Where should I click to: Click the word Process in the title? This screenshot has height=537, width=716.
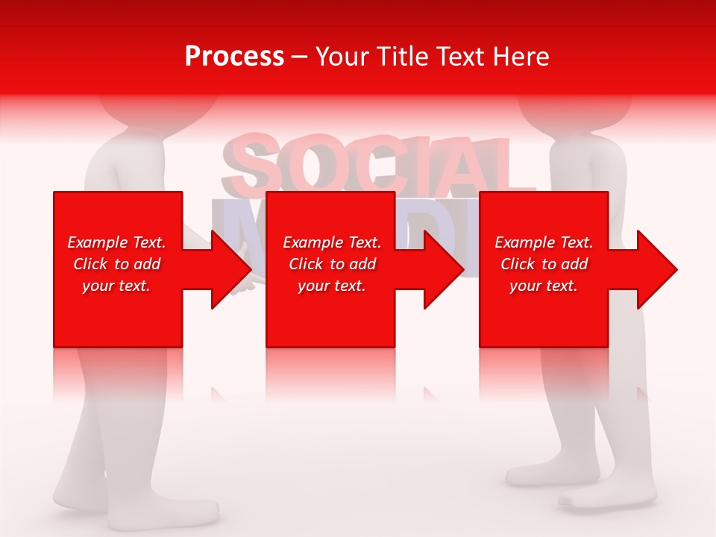pos(234,57)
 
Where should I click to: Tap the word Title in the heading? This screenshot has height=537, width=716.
pos(402,57)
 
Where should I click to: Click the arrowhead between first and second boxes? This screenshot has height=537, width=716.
pos(231,269)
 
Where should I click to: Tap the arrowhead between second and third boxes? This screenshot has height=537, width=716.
pos(444,269)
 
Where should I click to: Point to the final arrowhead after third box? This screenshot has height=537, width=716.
pos(656,269)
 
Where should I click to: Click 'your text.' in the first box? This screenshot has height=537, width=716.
pos(116,286)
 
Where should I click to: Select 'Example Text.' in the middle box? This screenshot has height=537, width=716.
pos(332,242)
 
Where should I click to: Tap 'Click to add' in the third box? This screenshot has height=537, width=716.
pos(544,264)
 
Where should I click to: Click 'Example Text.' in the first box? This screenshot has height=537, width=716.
pos(116,242)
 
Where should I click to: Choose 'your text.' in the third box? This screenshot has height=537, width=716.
pos(544,286)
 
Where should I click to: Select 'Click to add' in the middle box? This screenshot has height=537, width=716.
pos(332,264)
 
